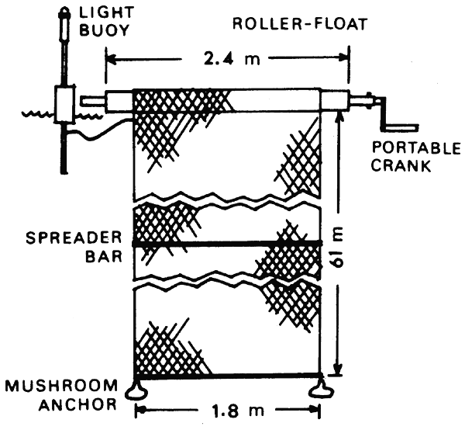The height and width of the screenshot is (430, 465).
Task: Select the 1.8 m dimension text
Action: tap(224, 409)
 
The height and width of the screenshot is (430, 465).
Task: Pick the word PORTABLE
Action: tap(417, 147)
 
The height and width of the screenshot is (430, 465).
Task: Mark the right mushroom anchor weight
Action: tap(320, 387)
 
